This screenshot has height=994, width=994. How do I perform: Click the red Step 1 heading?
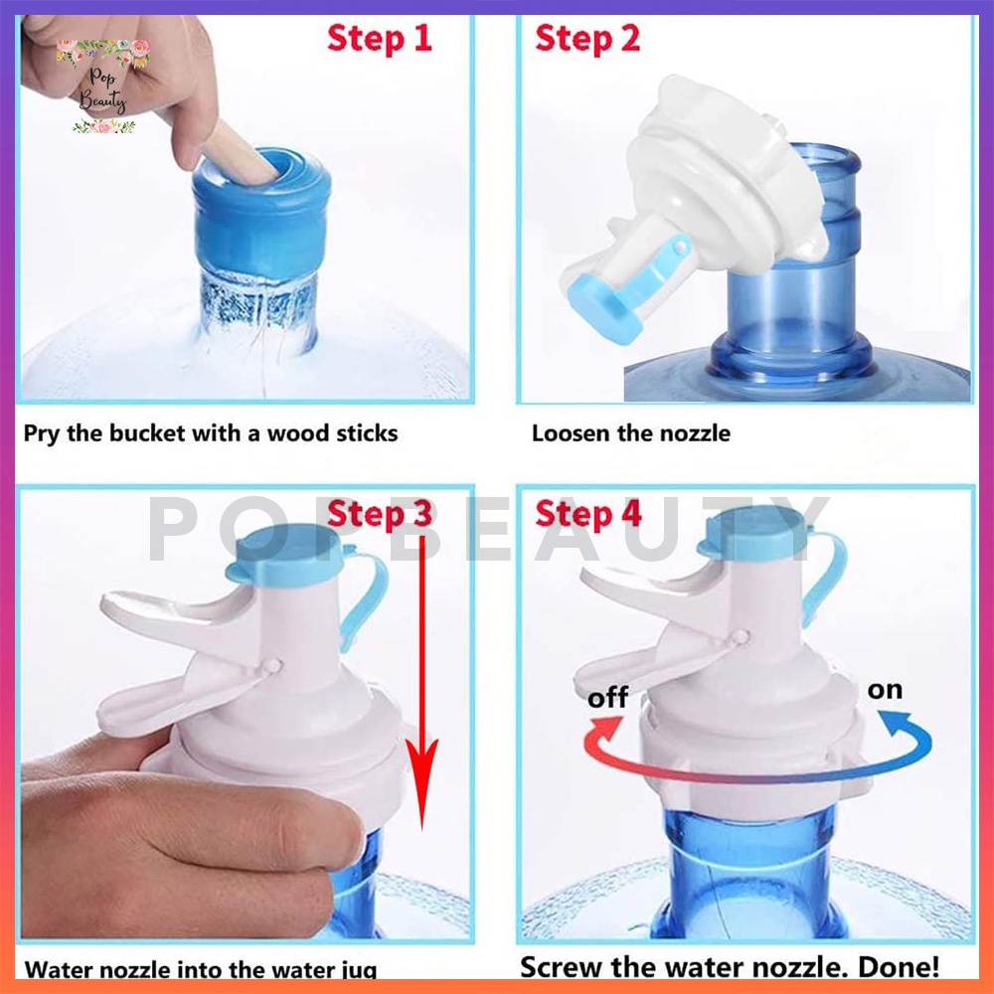(379, 39)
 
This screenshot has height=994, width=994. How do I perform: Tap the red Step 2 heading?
(587, 39)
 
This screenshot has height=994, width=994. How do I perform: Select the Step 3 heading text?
(379, 514)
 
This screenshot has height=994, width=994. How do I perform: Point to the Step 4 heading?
(587, 514)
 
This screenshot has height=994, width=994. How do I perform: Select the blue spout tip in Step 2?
(602, 311)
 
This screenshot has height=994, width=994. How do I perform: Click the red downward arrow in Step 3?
(421, 682)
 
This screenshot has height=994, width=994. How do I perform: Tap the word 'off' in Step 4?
(608, 698)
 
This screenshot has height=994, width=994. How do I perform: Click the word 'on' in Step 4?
(885, 690)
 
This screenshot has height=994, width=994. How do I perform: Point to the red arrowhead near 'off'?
(607, 729)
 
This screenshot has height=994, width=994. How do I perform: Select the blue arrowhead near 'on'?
(895, 724)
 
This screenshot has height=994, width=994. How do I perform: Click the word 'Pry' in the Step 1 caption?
(42, 434)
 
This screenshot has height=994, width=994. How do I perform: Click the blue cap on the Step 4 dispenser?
(754, 534)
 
